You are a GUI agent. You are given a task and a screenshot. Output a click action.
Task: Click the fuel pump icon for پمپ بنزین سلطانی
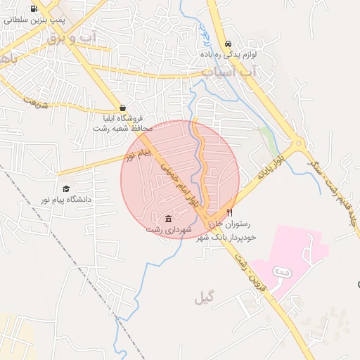[x=34, y=9]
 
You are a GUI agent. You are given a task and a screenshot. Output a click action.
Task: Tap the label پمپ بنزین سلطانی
[x=34, y=20]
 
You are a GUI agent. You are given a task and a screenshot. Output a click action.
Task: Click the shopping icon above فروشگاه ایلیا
[x=123, y=108]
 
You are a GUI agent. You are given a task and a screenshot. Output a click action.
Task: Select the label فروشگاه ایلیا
[x=123, y=119]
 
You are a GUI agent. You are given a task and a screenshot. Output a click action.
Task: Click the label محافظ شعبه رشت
[x=123, y=129]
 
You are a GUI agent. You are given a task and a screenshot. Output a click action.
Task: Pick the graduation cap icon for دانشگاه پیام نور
[x=66, y=188]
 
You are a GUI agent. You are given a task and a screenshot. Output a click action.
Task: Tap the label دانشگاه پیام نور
[x=65, y=200]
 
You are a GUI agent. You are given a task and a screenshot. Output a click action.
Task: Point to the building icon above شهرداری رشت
[x=168, y=218]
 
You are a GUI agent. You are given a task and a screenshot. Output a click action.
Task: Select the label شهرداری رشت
[x=168, y=229]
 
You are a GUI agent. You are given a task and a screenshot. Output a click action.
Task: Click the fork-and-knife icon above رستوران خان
[x=229, y=212]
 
